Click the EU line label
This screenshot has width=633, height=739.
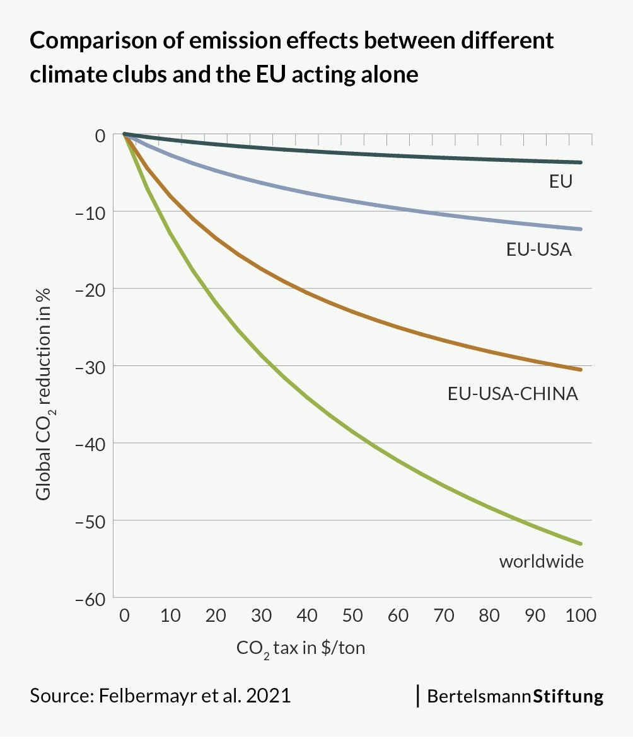(560, 182)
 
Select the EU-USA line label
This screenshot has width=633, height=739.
(539, 250)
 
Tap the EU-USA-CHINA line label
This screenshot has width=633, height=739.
(513, 394)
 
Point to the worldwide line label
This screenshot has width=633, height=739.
(542, 561)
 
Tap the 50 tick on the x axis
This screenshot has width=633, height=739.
(353, 616)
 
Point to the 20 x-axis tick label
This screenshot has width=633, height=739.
(216, 616)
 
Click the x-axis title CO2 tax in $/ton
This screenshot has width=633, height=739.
(301, 648)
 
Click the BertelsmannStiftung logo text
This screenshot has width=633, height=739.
(515, 696)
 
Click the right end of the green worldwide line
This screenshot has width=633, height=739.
(580, 543)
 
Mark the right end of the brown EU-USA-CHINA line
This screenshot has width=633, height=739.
(580, 369)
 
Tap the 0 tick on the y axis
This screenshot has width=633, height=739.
(100, 134)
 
